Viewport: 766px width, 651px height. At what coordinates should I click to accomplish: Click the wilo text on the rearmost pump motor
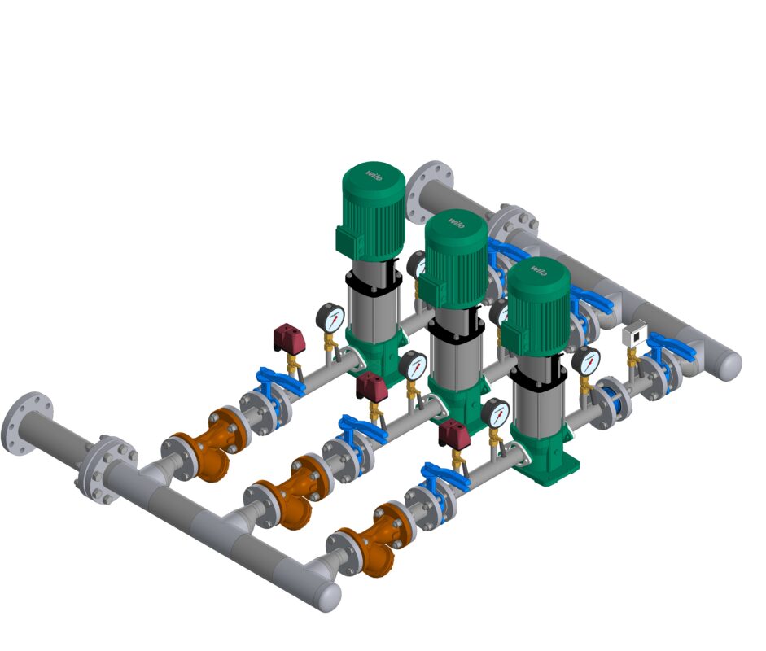click(374, 176)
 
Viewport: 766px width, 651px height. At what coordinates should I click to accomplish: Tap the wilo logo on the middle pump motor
click(457, 223)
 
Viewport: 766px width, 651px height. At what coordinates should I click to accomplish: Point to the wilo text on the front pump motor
click(540, 270)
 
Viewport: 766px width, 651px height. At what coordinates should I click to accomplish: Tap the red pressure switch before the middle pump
click(371, 386)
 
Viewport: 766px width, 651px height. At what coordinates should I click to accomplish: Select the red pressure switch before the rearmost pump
click(289, 338)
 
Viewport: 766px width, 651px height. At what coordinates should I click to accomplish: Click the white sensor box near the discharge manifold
click(635, 334)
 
